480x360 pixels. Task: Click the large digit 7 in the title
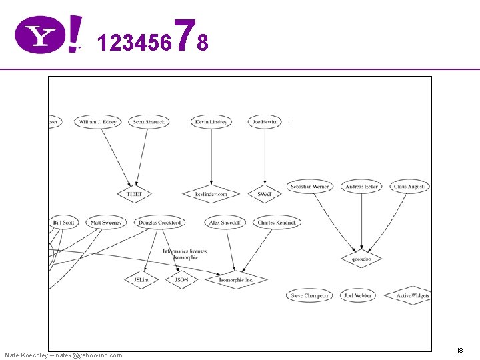(x=187, y=35)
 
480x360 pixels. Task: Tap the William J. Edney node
(x=97, y=122)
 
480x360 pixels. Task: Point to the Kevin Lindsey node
(x=211, y=122)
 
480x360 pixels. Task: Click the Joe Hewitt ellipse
(x=265, y=122)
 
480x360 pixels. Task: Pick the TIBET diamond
(x=135, y=194)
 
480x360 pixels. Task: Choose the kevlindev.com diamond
(x=211, y=194)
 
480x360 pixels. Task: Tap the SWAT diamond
(x=265, y=194)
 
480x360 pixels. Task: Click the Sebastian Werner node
(x=310, y=187)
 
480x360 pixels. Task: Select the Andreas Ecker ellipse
(x=362, y=187)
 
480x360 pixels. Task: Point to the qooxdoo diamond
(x=361, y=258)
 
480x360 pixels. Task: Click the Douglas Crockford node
(x=159, y=223)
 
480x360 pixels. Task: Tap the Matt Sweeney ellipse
(x=105, y=223)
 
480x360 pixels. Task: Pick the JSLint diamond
(x=141, y=280)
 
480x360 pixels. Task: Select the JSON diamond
(x=181, y=280)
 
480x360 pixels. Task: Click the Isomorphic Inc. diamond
(x=237, y=280)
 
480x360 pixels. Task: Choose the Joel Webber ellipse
(x=358, y=295)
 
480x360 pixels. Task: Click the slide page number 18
(x=459, y=350)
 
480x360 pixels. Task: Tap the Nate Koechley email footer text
(x=63, y=355)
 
